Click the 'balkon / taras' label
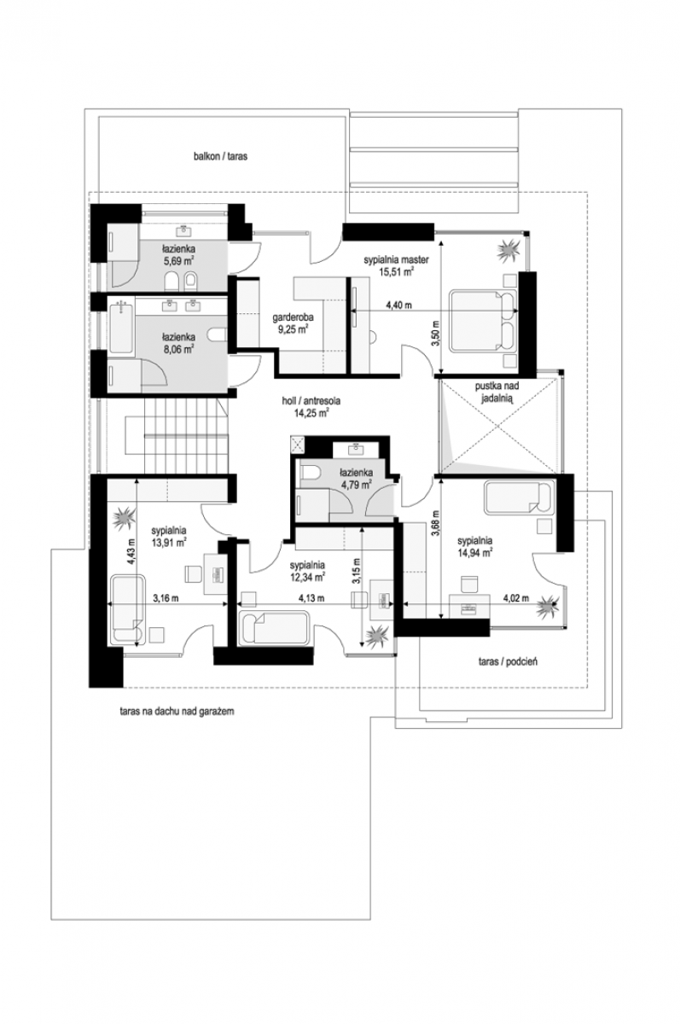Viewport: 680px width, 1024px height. (x=220, y=156)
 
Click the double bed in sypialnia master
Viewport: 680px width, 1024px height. (x=483, y=320)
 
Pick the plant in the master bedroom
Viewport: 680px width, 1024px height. (x=509, y=249)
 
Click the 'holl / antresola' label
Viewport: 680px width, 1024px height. (x=311, y=401)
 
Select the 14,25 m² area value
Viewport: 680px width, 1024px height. (x=311, y=413)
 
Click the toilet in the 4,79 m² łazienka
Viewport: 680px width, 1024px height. (x=310, y=472)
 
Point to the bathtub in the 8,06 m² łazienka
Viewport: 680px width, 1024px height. (x=121, y=328)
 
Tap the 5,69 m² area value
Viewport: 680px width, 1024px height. (x=178, y=261)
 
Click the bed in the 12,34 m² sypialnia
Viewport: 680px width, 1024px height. (x=275, y=628)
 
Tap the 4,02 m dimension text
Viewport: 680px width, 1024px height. (x=516, y=598)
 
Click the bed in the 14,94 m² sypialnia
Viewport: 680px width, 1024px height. (x=518, y=497)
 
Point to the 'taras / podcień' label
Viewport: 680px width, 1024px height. (x=508, y=661)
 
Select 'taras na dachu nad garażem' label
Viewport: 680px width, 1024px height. (x=177, y=712)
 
